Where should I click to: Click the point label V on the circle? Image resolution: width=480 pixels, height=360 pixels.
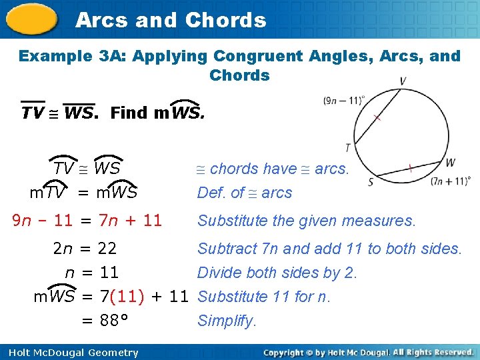point(403,81)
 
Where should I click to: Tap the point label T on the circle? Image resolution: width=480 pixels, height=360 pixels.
point(347,147)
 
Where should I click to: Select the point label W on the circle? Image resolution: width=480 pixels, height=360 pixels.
point(451,162)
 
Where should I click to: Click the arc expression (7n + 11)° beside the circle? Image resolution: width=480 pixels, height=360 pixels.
point(451,180)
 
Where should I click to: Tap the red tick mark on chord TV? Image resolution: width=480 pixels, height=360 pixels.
point(377,118)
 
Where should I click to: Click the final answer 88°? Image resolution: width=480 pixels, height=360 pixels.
point(113,321)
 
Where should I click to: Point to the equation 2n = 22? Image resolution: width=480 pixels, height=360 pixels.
point(85,249)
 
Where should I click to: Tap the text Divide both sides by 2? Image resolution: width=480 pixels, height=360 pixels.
point(277,273)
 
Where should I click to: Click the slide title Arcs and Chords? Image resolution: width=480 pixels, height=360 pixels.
point(171,20)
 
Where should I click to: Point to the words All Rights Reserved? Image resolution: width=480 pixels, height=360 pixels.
point(433,352)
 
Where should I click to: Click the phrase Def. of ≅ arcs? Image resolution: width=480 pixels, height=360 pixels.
point(245,193)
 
